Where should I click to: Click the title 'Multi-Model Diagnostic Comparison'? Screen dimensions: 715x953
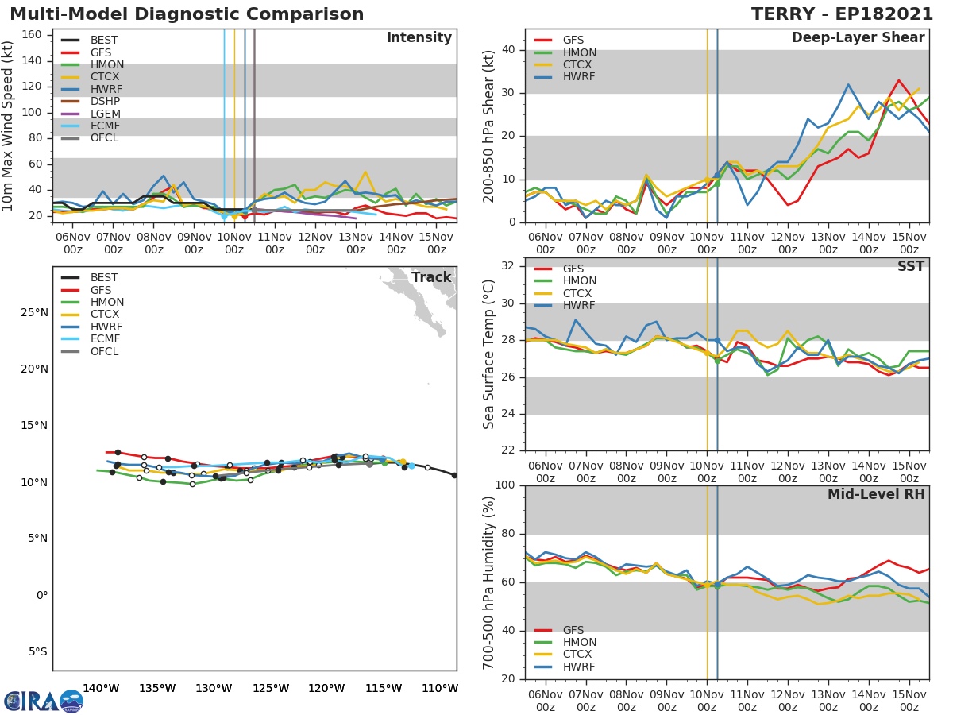tap(187, 14)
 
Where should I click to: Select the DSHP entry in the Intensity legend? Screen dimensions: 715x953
tap(105, 101)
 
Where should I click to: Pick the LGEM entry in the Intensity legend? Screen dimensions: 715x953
tap(105, 114)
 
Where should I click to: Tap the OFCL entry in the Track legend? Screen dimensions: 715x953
tap(105, 351)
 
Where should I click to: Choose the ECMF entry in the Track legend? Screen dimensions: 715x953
tap(105, 339)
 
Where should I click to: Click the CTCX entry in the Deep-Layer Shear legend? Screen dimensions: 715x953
tap(579, 64)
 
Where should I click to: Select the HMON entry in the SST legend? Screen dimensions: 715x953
tap(579, 281)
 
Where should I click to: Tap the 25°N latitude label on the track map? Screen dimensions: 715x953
tap(34, 312)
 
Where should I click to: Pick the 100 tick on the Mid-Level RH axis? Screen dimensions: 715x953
tap(505, 485)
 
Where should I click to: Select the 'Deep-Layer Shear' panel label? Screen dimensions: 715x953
tap(858, 38)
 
